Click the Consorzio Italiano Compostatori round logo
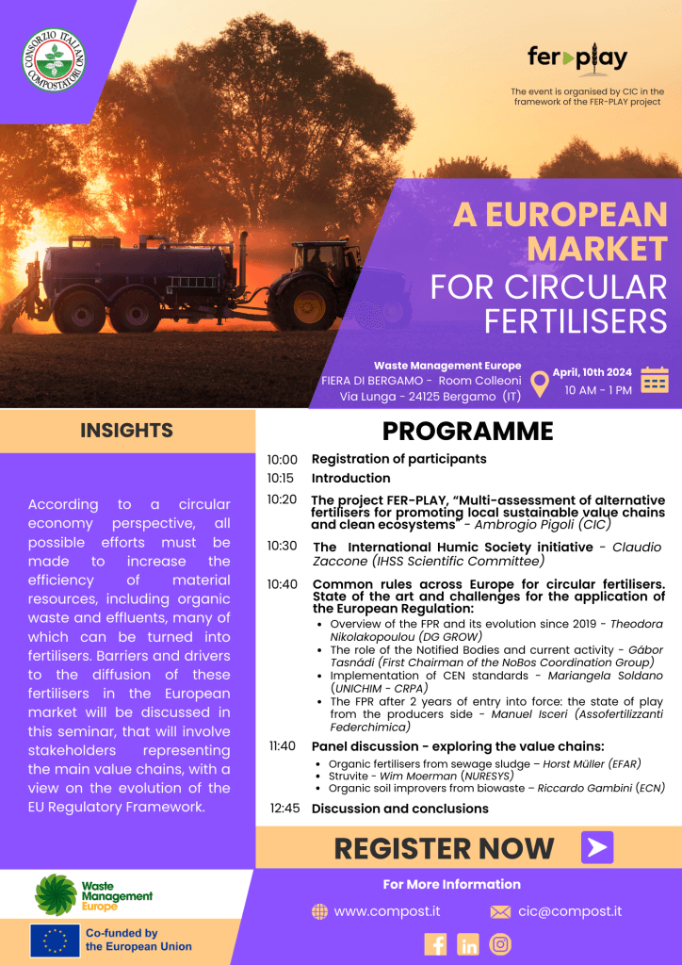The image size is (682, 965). click(x=54, y=59)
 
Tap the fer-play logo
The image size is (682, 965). click(x=577, y=59)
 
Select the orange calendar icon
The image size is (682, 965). click(x=655, y=380)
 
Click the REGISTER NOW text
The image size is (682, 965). click(x=444, y=848)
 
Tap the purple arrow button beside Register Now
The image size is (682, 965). click(x=597, y=847)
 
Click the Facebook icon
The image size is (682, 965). click(x=435, y=943)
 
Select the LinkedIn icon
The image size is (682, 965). click(x=468, y=943)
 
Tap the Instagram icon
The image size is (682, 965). click(x=501, y=943)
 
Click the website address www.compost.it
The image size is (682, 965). click(x=386, y=911)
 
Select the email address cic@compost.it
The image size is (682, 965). click(x=569, y=911)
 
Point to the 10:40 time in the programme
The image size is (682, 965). click(x=282, y=584)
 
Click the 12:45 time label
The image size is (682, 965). click(x=284, y=809)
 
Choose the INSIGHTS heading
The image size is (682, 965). click(x=126, y=431)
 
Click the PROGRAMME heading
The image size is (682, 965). click(x=467, y=432)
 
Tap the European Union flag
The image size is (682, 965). click(x=55, y=940)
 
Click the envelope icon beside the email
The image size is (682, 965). click(x=500, y=912)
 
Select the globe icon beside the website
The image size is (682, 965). click(x=319, y=912)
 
